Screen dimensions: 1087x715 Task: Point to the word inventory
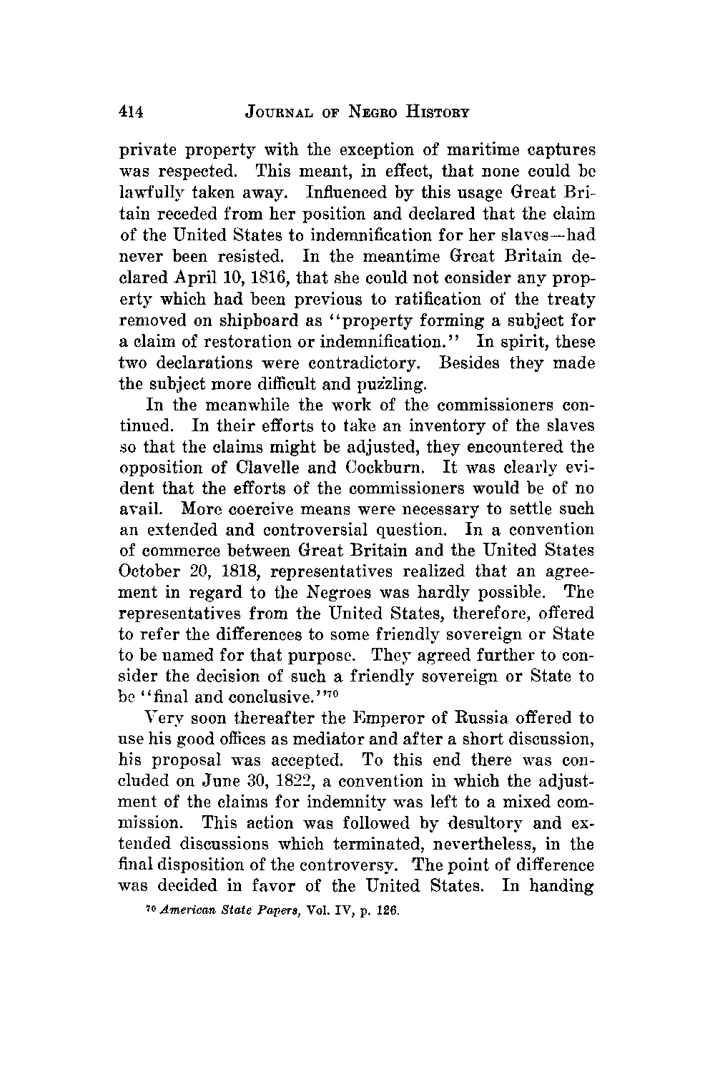pyautogui.click(x=403, y=426)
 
